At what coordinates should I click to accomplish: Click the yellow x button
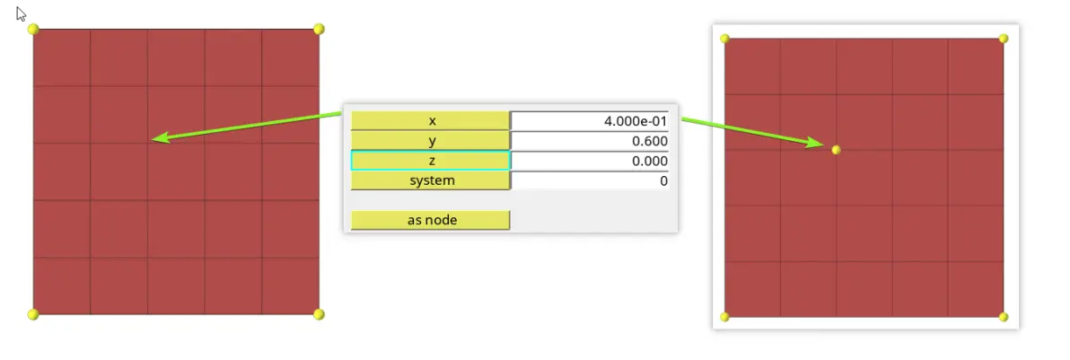tap(431, 120)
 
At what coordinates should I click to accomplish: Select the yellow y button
tap(431, 141)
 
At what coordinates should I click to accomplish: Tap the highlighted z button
tap(431, 161)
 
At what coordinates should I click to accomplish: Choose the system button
tap(431, 180)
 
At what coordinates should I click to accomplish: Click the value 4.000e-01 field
tap(590, 121)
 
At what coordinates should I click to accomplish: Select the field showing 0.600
tap(590, 141)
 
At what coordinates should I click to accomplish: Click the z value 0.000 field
tap(590, 161)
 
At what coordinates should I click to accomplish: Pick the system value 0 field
tap(590, 180)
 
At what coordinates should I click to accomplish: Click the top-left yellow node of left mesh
tap(32, 29)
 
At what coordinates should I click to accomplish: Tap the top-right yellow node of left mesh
tap(319, 29)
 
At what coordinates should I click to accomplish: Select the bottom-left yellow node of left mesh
tap(32, 314)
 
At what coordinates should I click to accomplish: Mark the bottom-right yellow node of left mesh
tap(319, 314)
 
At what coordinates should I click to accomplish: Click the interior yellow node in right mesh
tap(836, 150)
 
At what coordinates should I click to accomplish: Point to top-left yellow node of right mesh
tap(724, 39)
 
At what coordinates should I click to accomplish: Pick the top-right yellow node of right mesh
tap(1004, 39)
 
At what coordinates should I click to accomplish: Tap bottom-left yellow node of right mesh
tap(724, 317)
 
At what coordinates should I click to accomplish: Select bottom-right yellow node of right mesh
tap(1004, 317)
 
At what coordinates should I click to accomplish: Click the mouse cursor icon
tap(22, 14)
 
